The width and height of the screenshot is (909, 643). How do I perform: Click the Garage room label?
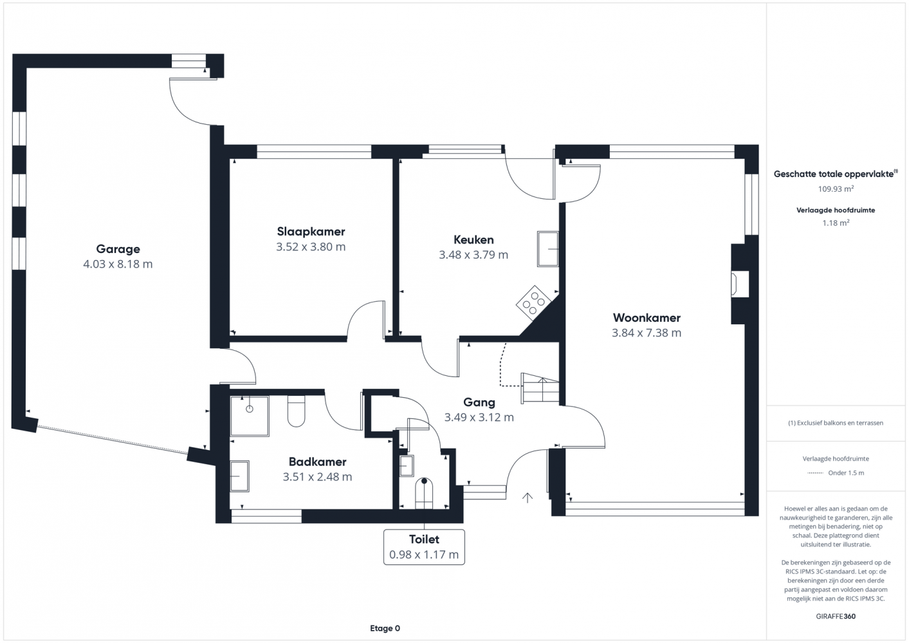tap(118, 249)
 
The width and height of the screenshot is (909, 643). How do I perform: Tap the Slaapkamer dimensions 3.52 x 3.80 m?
tap(311, 247)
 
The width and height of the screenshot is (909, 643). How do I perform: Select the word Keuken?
tap(473, 239)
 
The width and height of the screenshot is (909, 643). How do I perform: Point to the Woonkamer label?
tap(647, 317)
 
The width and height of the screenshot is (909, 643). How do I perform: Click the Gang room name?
tap(479, 402)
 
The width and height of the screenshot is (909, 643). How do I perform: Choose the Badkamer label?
tap(317, 461)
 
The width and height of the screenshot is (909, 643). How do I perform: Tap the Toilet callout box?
tap(424, 547)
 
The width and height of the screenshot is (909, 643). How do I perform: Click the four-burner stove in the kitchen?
tap(533, 303)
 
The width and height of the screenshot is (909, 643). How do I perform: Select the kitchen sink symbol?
tap(548, 249)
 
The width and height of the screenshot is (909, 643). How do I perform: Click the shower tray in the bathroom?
tap(250, 416)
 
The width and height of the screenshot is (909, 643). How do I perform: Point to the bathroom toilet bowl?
tap(296, 411)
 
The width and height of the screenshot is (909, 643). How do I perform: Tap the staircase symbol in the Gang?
tap(540, 387)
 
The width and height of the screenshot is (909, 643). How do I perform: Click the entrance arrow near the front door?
tap(527, 498)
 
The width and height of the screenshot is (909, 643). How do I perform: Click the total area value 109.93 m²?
tap(836, 189)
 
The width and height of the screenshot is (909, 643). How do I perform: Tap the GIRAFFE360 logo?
tap(836, 616)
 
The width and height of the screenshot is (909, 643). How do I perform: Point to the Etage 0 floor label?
tap(385, 628)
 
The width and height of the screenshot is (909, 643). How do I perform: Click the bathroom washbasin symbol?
tap(239, 476)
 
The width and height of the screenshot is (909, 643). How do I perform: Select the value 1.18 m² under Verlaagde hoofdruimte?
tap(836, 223)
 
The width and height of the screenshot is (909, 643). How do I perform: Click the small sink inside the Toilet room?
tap(406, 465)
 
